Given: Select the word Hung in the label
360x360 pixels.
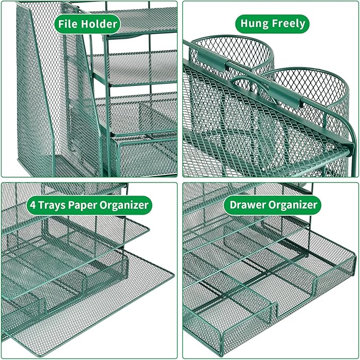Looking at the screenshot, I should pyautogui.click(x=254, y=23).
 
